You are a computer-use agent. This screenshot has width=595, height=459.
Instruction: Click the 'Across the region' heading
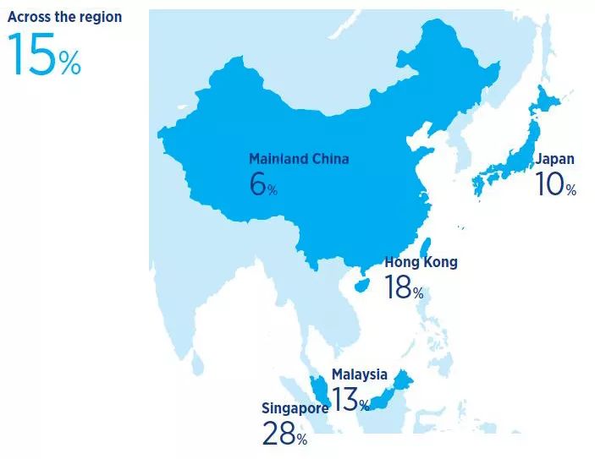tap(64, 17)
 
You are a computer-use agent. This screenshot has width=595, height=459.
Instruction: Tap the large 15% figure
tap(44, 56)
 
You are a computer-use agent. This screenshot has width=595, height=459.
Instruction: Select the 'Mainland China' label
tap(298, 158)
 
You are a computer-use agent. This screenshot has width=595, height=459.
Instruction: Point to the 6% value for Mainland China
tap(262, 184)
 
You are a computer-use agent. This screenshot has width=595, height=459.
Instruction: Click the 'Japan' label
tap(554, 159)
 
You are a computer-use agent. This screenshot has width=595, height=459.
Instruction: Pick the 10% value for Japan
tap(555, 185)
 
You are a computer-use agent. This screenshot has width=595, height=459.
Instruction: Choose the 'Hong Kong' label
tap(421, 262)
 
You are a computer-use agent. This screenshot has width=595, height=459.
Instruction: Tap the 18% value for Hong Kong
tap(404, 287)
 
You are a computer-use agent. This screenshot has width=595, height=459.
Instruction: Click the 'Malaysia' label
tap(359, 374)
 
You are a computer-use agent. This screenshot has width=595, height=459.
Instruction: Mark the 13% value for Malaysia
tap(350, 399)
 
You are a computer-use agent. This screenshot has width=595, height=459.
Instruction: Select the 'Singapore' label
tap(295, 408)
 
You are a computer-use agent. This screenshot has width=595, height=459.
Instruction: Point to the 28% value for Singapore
tap(284, 434)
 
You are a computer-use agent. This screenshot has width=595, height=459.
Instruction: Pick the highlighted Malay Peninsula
tap(320, 389)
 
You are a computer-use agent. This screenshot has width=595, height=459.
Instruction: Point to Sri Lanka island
tap(196, 362)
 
